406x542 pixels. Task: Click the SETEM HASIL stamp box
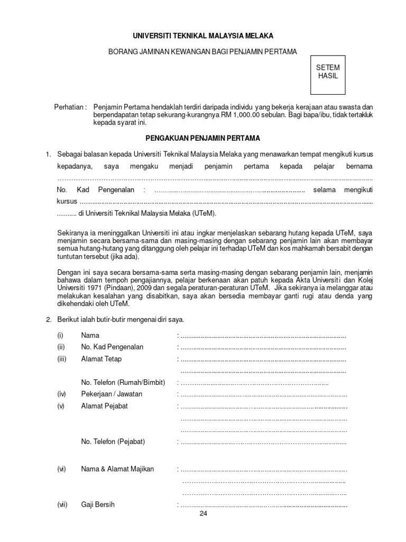tap(328, 73)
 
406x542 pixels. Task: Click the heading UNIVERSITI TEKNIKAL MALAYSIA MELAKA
tap(202, 36)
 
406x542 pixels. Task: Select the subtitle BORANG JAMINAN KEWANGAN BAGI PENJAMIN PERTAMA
tap(202, 51)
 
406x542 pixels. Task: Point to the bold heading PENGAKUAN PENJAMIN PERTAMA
tap(202, 138)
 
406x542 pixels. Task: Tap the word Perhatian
tap(70, 107)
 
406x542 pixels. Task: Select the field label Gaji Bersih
tap(98, 505)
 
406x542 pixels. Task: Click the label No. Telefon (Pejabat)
tap(113, 441)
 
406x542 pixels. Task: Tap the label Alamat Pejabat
tap(104, 406)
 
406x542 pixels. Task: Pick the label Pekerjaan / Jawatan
tap(112, 394)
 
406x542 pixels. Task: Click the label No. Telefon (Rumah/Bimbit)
tap(123, 382)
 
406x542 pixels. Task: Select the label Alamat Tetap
tap(101, 359)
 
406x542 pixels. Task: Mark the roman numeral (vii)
tap(62, 505)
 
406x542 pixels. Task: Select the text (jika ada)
tap(125, 256)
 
